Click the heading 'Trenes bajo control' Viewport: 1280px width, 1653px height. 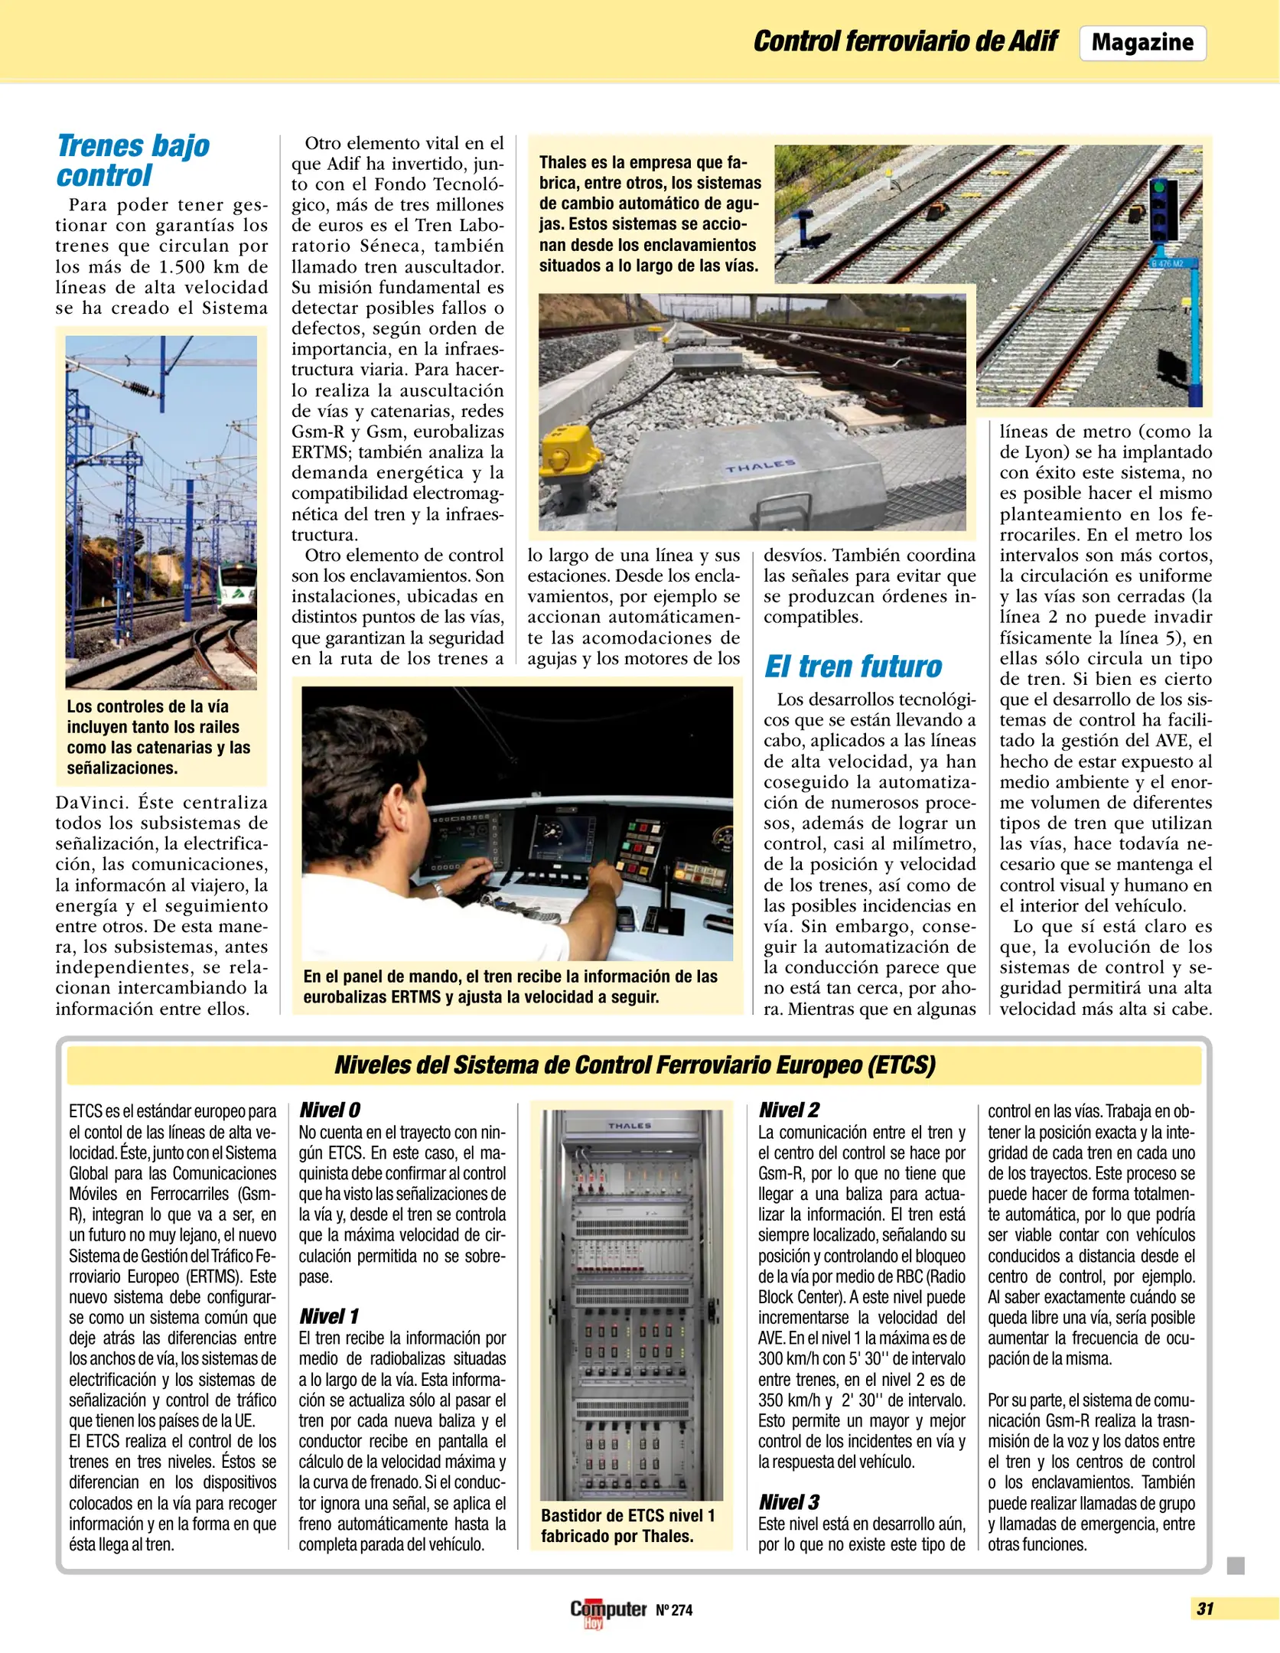132,160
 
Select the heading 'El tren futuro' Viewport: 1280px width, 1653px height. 852,667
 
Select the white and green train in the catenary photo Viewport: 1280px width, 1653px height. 236,587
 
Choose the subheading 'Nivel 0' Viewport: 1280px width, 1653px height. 329,1110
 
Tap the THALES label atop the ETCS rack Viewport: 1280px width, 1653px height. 629,1126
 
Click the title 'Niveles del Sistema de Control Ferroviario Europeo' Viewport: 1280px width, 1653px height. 634,1065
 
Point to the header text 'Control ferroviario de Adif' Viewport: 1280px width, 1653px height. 905,41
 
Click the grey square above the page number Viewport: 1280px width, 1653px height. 1235,1566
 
